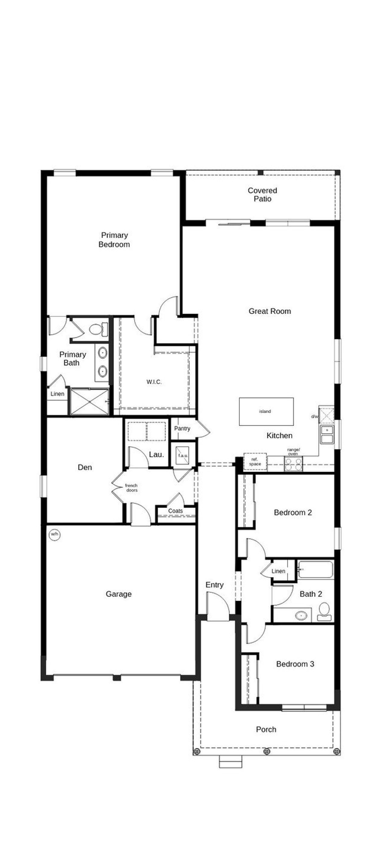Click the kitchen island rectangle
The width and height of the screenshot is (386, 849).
266,411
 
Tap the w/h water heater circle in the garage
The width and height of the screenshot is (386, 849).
55,534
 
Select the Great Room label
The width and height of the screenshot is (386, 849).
270,311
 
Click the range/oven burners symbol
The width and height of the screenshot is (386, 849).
293,464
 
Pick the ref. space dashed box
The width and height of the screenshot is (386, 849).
255,462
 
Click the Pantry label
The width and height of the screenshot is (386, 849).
182,428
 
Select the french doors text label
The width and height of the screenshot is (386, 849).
131,488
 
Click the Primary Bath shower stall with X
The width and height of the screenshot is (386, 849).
90,402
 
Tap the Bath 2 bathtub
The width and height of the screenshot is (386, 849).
315,570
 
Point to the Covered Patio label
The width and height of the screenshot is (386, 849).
262,195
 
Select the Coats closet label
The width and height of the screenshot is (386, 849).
176,511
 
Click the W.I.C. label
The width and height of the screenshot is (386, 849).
154,382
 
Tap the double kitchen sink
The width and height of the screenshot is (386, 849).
327,434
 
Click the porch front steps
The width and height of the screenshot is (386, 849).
230,762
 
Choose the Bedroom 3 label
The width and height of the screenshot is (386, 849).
295,664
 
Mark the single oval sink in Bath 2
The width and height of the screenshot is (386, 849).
301,615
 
